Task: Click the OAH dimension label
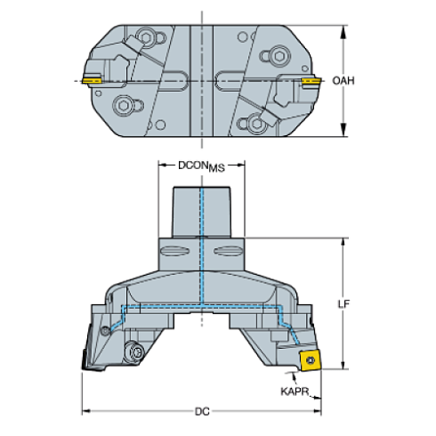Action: click(x=343, y=80)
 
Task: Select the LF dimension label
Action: click(x=343, y=304)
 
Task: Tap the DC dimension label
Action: click(x=202, y=411)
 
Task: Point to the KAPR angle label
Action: click(x=295, y=392)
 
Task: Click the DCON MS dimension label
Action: click(x=201, y=166)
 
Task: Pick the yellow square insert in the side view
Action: click(x=311, y=360)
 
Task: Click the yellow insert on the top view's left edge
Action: click(x=92, y=80)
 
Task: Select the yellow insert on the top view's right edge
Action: click(x=311, y=81)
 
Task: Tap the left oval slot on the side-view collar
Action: click(x=174, y=252)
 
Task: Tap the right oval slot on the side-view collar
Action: click(x=229, y=252)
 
